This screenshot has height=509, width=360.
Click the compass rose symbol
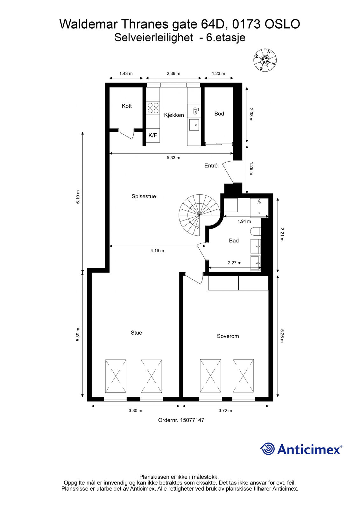(x=265, y=60)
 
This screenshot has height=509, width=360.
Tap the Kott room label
(x=127, y=106)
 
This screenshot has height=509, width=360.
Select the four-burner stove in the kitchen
(x=153, y=108)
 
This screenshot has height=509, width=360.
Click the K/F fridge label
(x=152, y=136)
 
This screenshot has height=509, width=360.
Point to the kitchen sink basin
(x=194, y=125)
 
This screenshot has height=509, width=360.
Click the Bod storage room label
(x=219, y=114)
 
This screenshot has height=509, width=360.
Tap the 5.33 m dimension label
(x=173, y=158)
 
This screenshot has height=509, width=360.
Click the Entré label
(x=211, y=166)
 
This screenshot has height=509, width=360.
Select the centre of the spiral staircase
(x=199, y=215)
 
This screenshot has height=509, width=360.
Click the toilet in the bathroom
(x=255, y=232)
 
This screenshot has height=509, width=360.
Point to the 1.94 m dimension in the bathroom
(x=244, y=221)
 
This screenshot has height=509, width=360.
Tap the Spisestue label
(x=144, y=196)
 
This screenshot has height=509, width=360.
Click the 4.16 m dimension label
(x=157, y=251)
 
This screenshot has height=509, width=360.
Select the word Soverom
(x=228, y=336)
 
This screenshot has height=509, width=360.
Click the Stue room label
(x=136, y=333)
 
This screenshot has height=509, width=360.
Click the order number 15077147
(x=192, y=420)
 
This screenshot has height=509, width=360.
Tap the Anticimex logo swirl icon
(x=267, y=449)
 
